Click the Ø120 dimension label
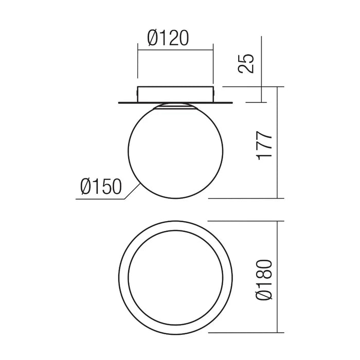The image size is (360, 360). click(x=168, y=38)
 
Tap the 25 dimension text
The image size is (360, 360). click(x=246, y=64)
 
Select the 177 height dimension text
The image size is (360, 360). click(x=265, y=146)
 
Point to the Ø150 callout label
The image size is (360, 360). click(x=101, y=186)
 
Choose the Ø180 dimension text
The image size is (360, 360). click(x=265, y=280)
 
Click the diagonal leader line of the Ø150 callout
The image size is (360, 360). click(x=133, y=191)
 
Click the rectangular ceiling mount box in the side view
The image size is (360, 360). click(x=175, y=94)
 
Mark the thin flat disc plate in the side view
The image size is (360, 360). click(x=175, y=103)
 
